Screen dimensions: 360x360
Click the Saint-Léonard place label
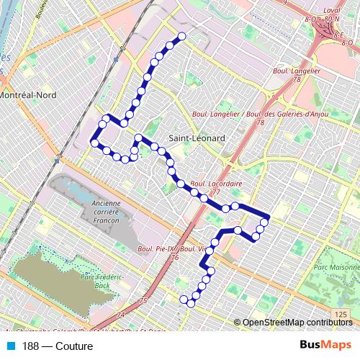[x=197, y=138]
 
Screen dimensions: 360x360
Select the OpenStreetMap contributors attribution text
[x=297, y=323]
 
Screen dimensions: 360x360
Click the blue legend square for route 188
[x=9, y=346]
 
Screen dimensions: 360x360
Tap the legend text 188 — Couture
[x=58, y=346]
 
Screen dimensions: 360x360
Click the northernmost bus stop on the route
[x=182, y=36]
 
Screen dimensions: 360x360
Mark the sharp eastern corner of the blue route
[x=268, y=216]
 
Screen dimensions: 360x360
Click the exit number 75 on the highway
[x=143, y=300]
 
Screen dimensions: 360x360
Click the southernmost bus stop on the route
[x=191, y=303]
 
